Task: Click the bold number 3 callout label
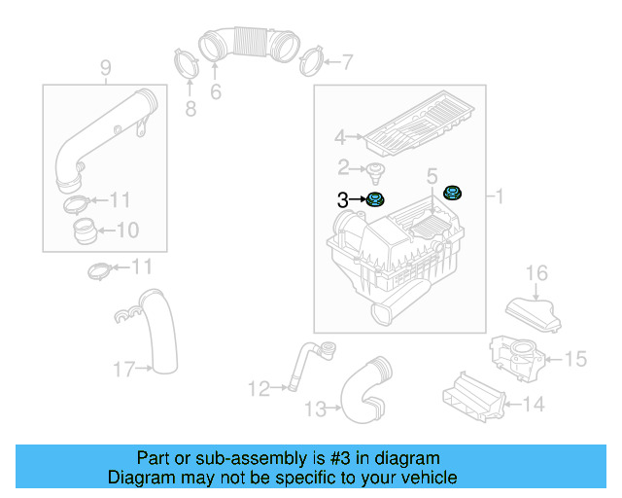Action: [342, 200]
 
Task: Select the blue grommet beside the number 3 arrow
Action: [374, 200]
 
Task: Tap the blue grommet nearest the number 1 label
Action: [452, 194]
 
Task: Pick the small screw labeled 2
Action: [375, 173]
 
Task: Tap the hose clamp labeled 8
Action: [105, 67]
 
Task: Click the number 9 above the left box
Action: [86, 231]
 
